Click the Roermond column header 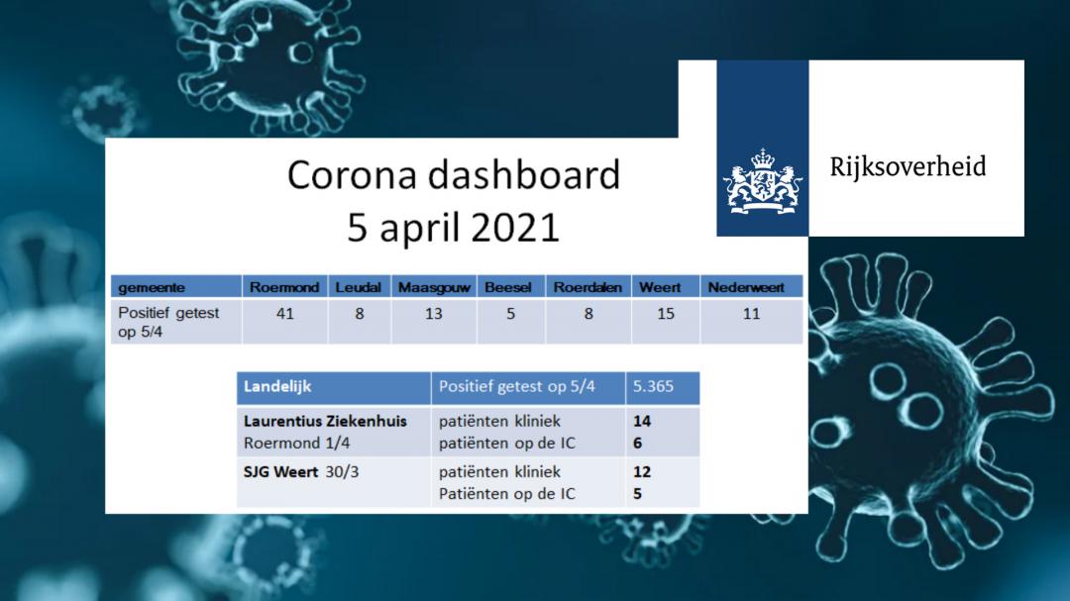(x=284, y=287)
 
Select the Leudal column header (x=359, y=287)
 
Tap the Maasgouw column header (x=434, y=287)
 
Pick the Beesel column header (x=507, y=287)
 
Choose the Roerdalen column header (x=588, y=287)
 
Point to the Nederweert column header (x=746, y=287)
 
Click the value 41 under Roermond (x=285, y=314)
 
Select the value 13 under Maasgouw (x=433, y=314)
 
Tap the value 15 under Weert (x=666, y=314)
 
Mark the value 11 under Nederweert (x=751, y=314)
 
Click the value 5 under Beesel (x=510, y=314)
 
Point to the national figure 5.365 (x=653, y=386)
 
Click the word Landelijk (x=277, y=387)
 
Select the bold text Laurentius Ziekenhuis (x=325, y=421)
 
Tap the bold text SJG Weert (x=280, y=472)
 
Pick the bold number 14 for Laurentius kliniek (x=641, y=421)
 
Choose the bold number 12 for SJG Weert (x=641, y=472)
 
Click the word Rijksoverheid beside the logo (x=908, y=167)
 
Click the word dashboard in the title (x=524, y=174)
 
